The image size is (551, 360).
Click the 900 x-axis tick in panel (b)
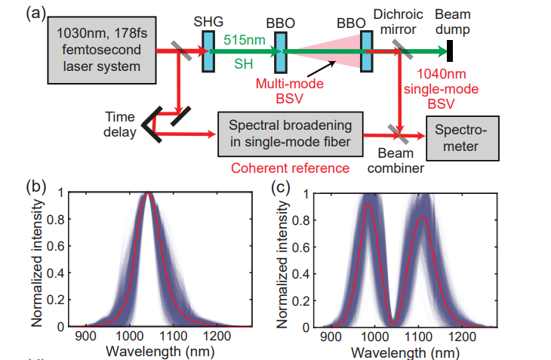pyautogui.click(x=85, y=337)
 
